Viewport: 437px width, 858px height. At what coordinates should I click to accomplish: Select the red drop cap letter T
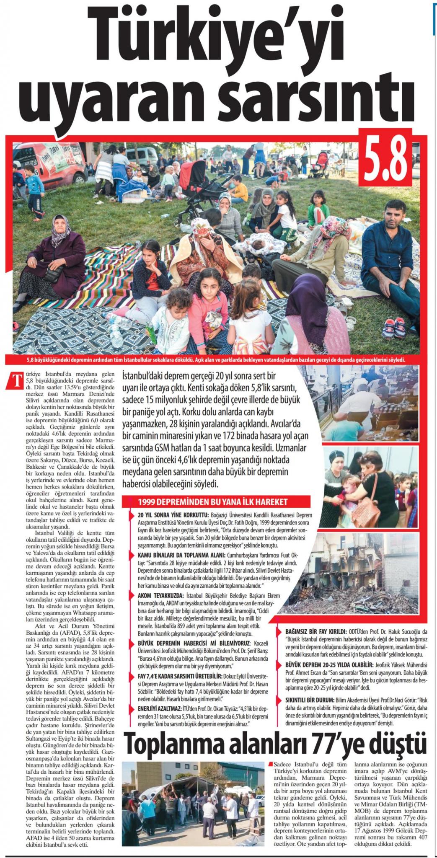coord(17,377)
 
